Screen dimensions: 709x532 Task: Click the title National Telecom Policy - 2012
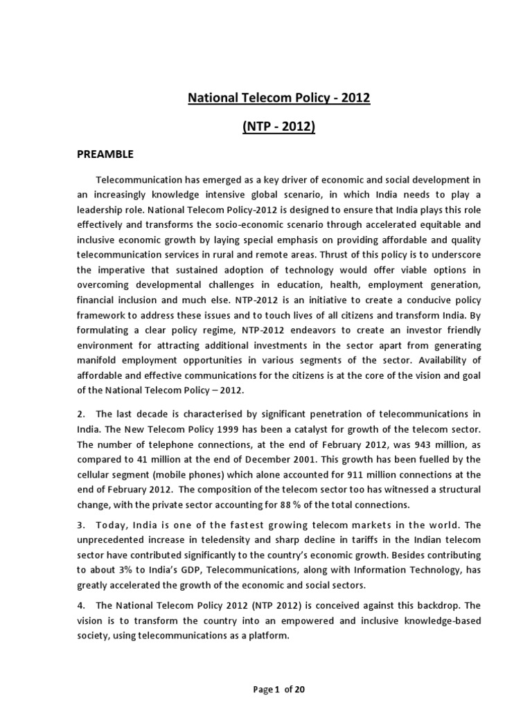coord(280,98)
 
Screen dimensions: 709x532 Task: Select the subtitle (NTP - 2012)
coord(280,128)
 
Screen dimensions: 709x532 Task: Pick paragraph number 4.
coord(81,605)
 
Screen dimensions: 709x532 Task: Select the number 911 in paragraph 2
coord(336,474)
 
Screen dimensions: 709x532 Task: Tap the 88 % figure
coord(325,504)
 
